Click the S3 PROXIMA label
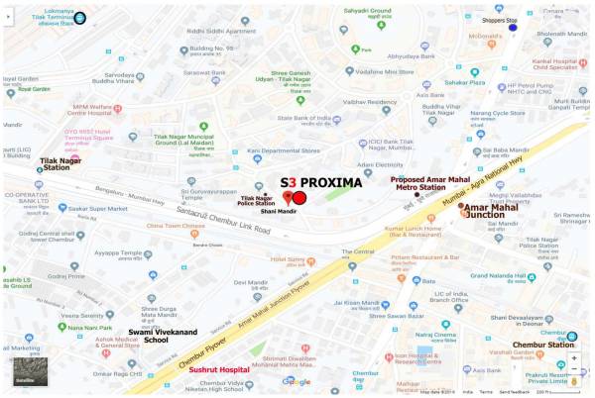(321, 182)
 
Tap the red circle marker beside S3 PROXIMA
(299, 197)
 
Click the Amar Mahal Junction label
(493, 209)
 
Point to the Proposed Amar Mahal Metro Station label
(430, 184)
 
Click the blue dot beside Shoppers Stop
(513, 27)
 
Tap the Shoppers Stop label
(499, 19)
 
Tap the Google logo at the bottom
(296, 381)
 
